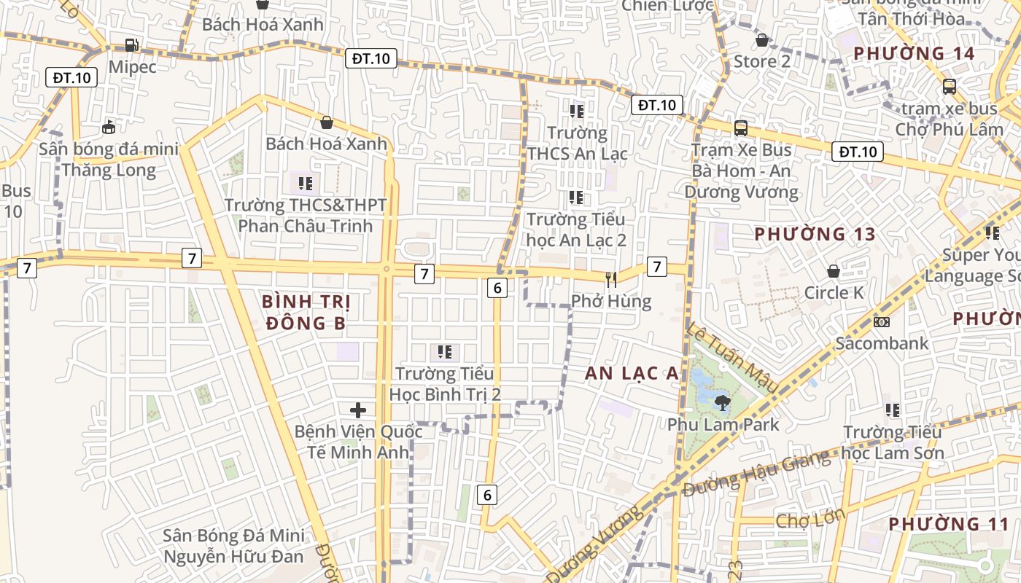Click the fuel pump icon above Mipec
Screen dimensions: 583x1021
(131, 44)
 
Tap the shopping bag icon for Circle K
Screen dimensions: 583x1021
(834, 271)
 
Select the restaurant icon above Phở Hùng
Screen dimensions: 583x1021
(611, 278)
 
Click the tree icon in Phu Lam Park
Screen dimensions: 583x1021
(722, 402)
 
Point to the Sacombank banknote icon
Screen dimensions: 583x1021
(881, 321)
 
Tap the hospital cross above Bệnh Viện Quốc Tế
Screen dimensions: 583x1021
(358, 410)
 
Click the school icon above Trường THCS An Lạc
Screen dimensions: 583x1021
(577, 111)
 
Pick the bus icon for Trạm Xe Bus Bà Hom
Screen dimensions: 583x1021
(741, 128)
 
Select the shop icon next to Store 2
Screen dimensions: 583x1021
(762, 40)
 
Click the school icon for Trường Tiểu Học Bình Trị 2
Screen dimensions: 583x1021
(445, 353)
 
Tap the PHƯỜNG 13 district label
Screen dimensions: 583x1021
(815, 235)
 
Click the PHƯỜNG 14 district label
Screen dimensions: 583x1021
(914, 53)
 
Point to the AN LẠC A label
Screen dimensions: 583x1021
(632, 373)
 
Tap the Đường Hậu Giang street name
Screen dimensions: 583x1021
(756, 474)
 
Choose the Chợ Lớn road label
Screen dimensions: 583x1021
(810, 519)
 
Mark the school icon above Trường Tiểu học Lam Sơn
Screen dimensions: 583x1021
(893, 410)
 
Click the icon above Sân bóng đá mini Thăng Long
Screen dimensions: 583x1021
(109, 128)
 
